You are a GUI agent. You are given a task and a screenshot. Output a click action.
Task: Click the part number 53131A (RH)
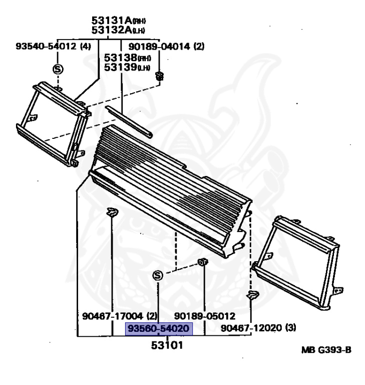(x=122, y=21)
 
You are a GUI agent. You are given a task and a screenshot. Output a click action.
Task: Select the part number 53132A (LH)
(x=122, y=31)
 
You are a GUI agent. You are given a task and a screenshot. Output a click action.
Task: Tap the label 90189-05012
(x=205, y=316)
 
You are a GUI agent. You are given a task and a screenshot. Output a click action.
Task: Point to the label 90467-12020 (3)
(x=258, y=328)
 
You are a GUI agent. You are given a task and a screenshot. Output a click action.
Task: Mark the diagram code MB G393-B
(x=326, y=350)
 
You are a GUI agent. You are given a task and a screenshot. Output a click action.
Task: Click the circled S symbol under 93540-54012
(x=57, y=69)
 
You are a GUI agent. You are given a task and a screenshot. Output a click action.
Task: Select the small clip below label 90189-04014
(x=160, y=76)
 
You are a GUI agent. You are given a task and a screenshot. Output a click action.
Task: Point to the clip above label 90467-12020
(x=252, y=295)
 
